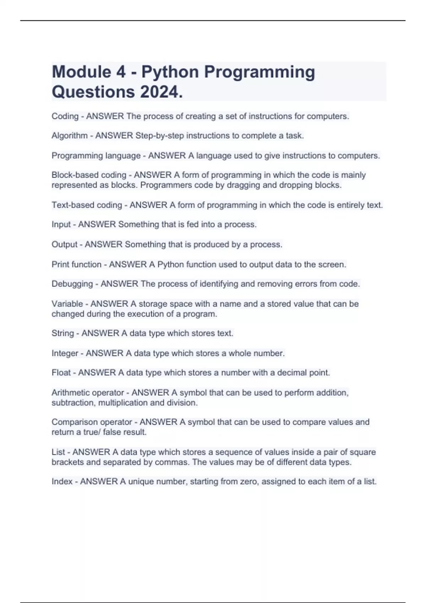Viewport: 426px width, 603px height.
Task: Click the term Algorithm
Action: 69,135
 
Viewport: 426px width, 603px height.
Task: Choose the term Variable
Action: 67,304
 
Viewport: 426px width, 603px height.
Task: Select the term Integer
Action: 65,353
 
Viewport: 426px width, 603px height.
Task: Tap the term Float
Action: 61,372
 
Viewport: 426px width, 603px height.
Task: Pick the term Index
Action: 62,481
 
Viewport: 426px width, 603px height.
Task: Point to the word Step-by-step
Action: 159,135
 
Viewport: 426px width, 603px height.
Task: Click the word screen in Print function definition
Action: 331,264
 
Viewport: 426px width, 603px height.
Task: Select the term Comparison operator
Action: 92,422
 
